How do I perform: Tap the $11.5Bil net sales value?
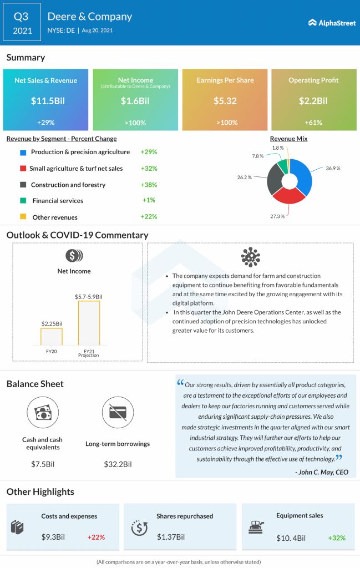(x=45, y=101)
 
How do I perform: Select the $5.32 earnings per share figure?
(x=225, y=101)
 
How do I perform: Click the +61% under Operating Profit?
(x=313, y=122)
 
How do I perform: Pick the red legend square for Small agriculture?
(x=23, y=169)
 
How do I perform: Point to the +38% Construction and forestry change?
(x=149, y=185)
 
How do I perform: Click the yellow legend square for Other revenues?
(x=23, y=217)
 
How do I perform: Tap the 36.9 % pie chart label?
(x=333, y=168)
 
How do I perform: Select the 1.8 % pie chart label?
(x=277, y=148)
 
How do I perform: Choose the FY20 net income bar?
(x=51, y=336)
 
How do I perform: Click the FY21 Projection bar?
(x=89, y=322)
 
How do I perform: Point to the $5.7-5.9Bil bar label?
(x=89, y=297)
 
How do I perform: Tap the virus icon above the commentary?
(x=251, y=257)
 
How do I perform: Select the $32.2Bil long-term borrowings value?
(x=118, y=464)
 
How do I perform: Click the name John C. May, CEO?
(x=322, y=471)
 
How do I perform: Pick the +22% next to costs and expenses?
(x=96, y=537)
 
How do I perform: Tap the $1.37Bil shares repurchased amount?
(x=171, y=537)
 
